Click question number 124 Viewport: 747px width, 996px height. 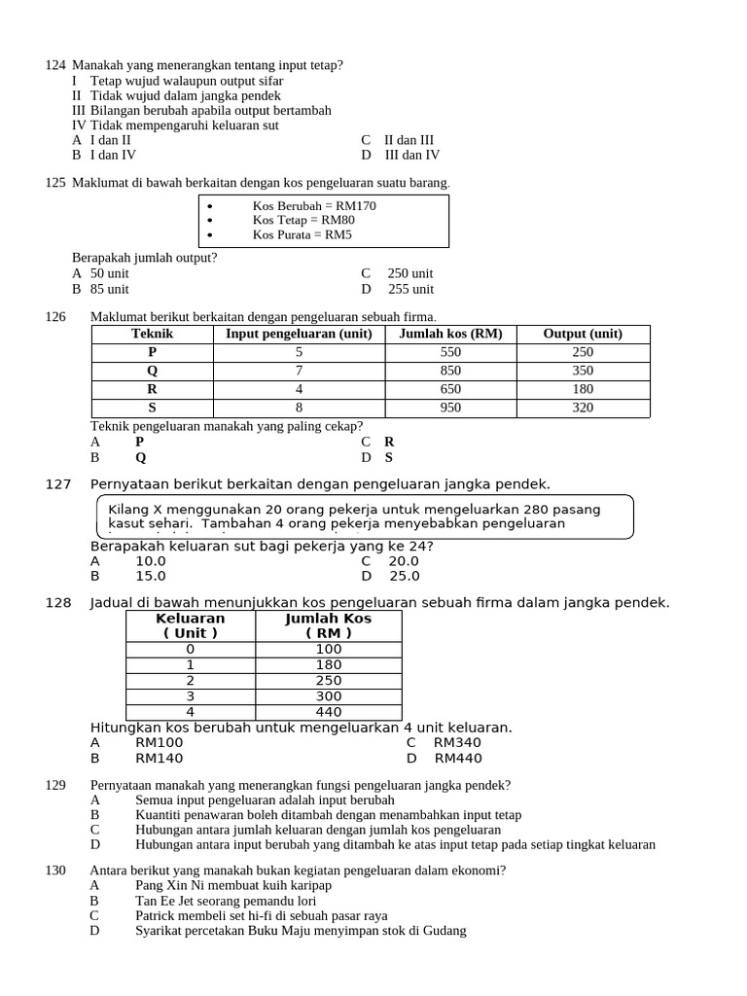coord(55,65)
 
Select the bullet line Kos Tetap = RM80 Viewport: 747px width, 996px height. coord(302,220)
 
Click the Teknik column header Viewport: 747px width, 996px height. coord(152,334)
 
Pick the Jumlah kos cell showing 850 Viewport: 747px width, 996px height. coord(450,371)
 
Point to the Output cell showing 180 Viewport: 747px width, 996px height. coord(582,389)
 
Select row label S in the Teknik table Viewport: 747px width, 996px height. coord(152,408)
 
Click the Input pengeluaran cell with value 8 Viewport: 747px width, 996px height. coord(299,408)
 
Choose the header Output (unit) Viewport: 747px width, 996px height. coord(582,334)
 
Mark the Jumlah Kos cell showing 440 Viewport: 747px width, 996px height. coord(329,712)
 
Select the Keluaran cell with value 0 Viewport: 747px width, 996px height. coord(190,649)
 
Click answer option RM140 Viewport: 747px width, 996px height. coord(159,759)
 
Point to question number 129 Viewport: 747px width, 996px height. coord(55,785)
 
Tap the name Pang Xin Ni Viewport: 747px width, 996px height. coord(172,885)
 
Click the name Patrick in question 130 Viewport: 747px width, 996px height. coord(158,915)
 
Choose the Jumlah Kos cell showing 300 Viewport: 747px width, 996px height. coord(329,696)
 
